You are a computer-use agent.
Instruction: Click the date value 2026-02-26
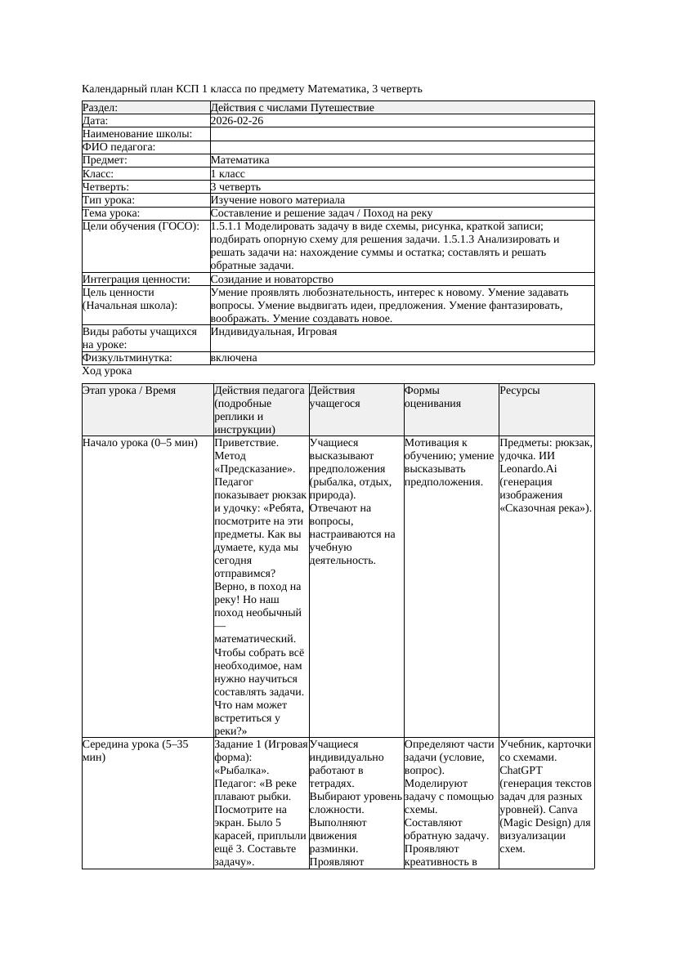click(237, 121)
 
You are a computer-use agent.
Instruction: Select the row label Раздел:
click(101, 108)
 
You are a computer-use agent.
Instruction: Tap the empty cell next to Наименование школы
click(401, 134)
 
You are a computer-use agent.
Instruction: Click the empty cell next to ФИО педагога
click(401, 147)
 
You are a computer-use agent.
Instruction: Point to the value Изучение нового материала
click(277, 200)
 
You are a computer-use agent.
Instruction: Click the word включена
click(234, 358)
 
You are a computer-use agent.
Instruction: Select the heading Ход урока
click(107, 371)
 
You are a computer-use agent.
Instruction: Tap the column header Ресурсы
click(520, 391)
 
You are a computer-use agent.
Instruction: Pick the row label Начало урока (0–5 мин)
click(140, 443)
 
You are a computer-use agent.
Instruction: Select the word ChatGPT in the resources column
click(522, 771)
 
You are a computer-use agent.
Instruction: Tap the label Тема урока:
click(112, 213)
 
